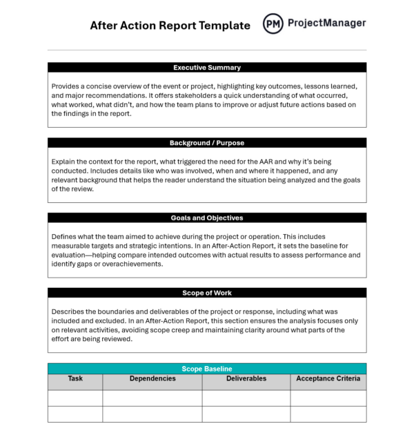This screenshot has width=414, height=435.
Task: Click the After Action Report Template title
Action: [x=170, y=26]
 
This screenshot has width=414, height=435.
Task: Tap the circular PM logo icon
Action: [x=273, y=24]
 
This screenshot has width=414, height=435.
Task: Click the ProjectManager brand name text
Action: [x=326, y=23]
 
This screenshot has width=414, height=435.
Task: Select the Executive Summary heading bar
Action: [x=207, y=68]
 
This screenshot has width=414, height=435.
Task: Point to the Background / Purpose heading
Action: [x=207, y=143]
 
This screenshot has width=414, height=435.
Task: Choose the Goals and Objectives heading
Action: [x=207, y=217]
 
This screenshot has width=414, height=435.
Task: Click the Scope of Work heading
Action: [x=207, y=293]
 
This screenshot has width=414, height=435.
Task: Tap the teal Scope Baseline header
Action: [x=207, y=369]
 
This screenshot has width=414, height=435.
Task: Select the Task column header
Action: [x=75, y=379]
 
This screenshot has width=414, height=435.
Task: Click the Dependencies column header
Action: [x=152, y=379]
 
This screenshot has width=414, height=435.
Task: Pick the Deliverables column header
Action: [x=246, y=379]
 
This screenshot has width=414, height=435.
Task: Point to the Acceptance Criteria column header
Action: [x=328, y=379]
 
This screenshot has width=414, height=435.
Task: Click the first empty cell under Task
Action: [x=75, y=398]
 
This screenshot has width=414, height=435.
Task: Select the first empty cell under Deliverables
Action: [x=246, y=398]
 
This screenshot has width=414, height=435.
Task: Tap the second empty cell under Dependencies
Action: [x=152, y=414]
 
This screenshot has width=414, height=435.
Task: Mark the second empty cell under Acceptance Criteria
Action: [x=328, y=414]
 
